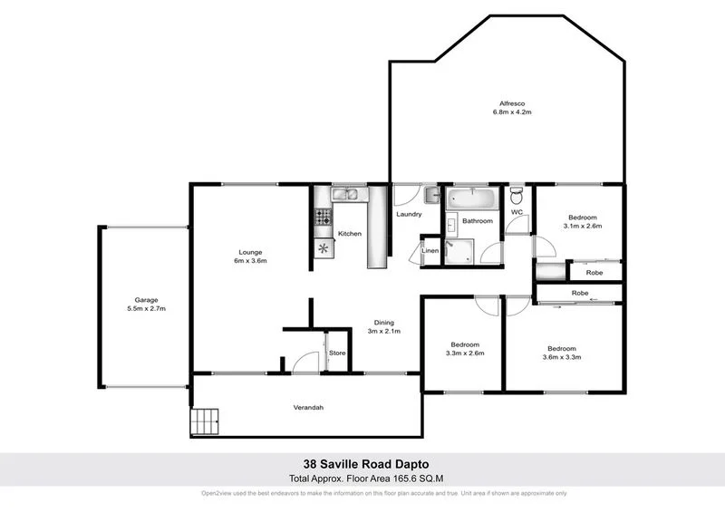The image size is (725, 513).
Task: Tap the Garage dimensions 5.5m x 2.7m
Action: (x=146, y=309)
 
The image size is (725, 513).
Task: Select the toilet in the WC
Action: (x=517, y=196)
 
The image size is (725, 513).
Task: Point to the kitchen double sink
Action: (x=347, y=194)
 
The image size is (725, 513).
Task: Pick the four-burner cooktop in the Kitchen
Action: (x=324, y=218)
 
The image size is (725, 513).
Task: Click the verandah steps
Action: (x=205, y=421)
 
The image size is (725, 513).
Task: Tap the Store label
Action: (x=337, y=353)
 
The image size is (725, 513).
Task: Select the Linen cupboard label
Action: (x=430, y=251)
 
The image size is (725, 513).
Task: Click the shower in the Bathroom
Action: (x=459, y=251)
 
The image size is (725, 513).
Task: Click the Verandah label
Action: (x=307, y=408)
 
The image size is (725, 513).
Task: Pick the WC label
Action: (x=517, y=212)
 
